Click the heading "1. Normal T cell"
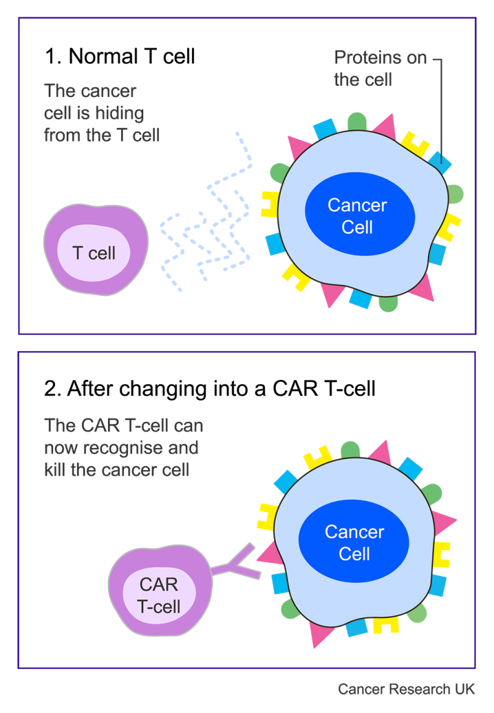(x=120, y=57)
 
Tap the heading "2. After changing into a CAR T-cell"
(x=210, y=389)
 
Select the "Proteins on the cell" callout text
(x=381, y=69)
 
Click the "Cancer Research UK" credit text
(x=406, y=690)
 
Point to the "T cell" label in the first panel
(x=94, y=253)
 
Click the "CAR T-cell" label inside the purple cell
(x=159, y=596)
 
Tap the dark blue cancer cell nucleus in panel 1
(x=359, y=214)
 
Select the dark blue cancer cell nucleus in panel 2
(x=354, y=541)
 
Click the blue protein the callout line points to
(x=440, y=162)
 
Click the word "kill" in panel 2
(x=54, y=470)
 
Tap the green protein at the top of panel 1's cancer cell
(x=357, y=122)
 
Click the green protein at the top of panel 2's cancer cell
(x=350, y=450)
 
